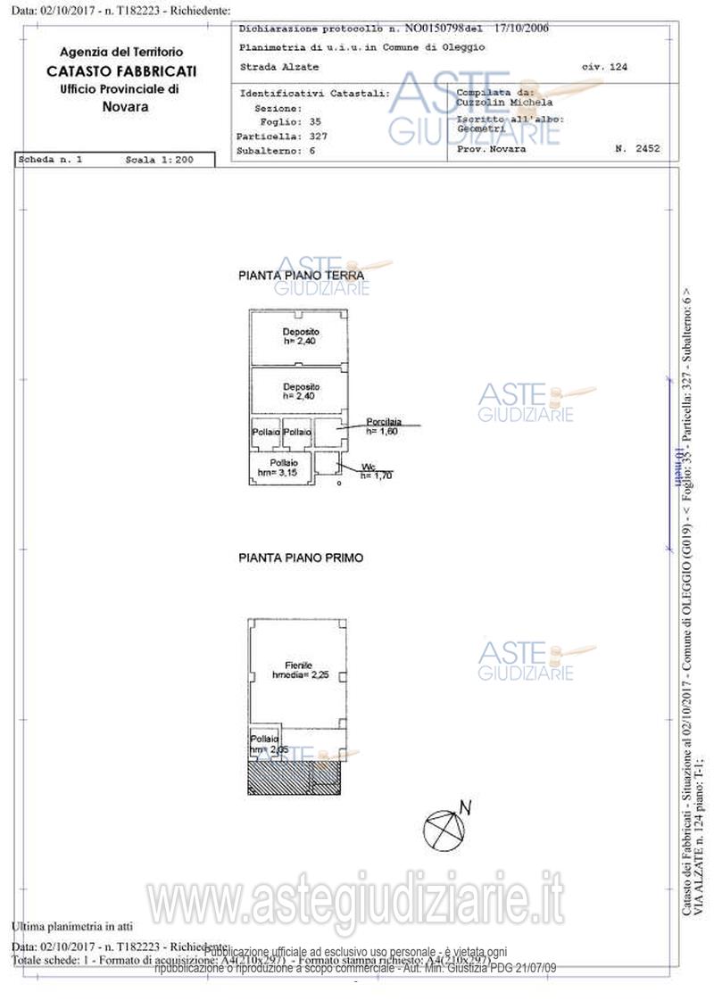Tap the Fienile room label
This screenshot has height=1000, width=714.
pyautogui.click(x=298, y=665)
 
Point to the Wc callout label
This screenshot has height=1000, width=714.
pyautogui.click(x=368, y=467)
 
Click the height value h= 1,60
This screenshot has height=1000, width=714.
pyautogui.click(x=384, y=431)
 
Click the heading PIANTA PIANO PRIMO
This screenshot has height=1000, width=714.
pyautogui.click(x=301, y=558)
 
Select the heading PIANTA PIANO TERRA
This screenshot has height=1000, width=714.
pyautogui.click(x=301, y=277)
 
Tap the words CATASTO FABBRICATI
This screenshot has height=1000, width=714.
pyautogui.click(x=122, y=71)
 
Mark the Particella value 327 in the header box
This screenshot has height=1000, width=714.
pyautogui.click(x=318, y=136)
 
